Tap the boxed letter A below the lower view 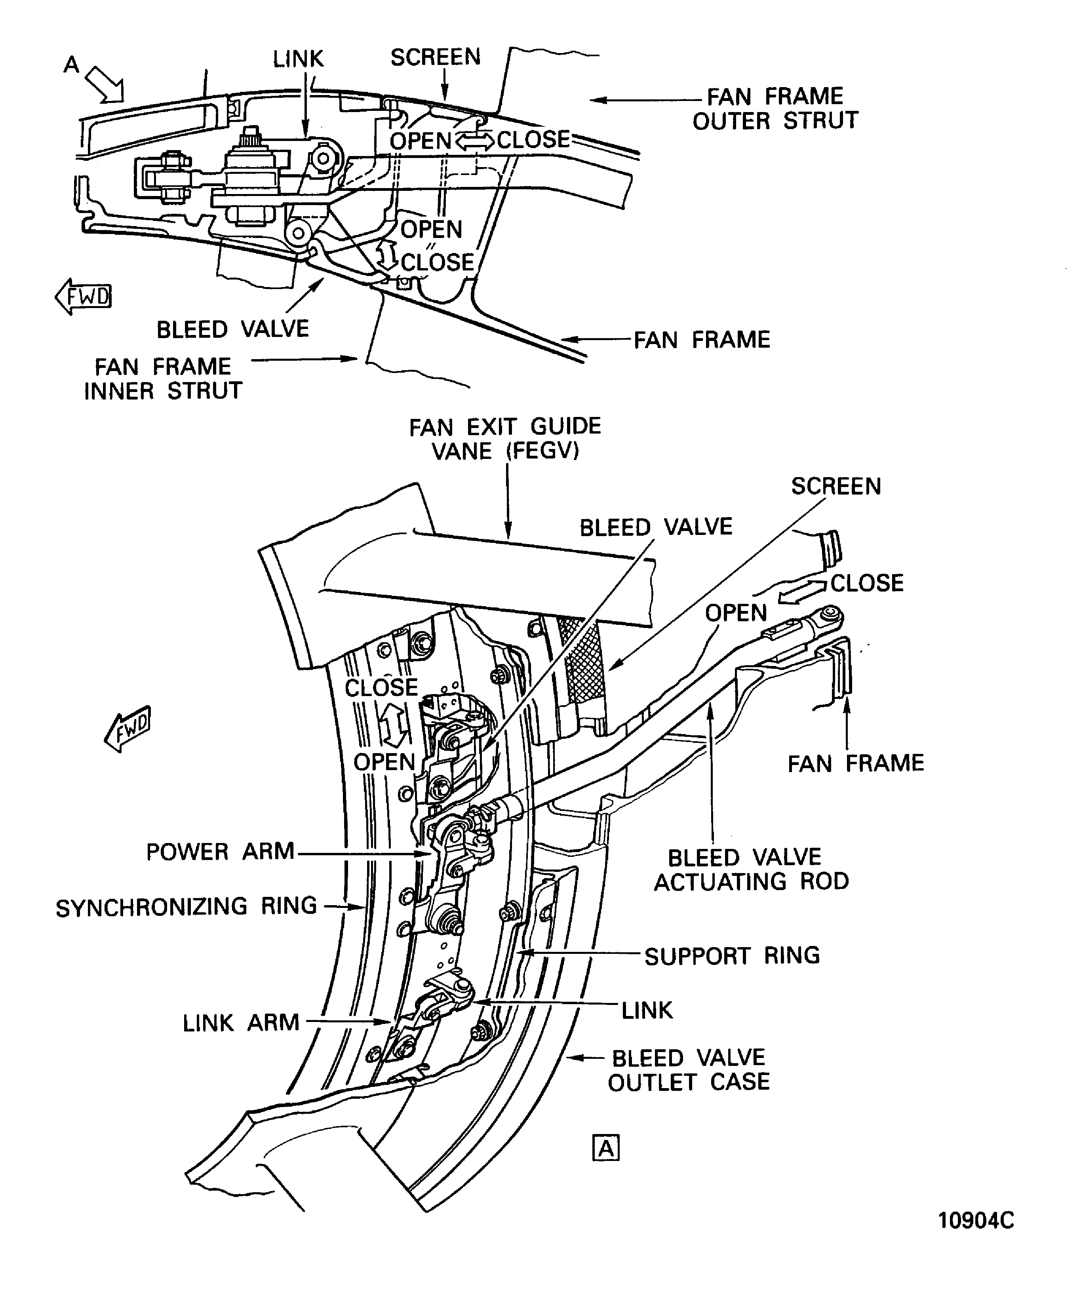(x=606, y=1148)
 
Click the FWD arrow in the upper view (x=83, y=297)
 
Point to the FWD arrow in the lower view (x=128, y=729)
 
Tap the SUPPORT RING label (x=732, y=955)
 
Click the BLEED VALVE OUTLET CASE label (x=689, y=1070)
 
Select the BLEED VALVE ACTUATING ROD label (x=751, y=870)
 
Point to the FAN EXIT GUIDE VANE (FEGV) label (x=505, y=439)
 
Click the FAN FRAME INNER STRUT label (x=163, y=379)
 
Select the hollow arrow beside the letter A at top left (x=105, y=84)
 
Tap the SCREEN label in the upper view (x=436, y=57)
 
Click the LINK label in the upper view (x=299, y=59)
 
